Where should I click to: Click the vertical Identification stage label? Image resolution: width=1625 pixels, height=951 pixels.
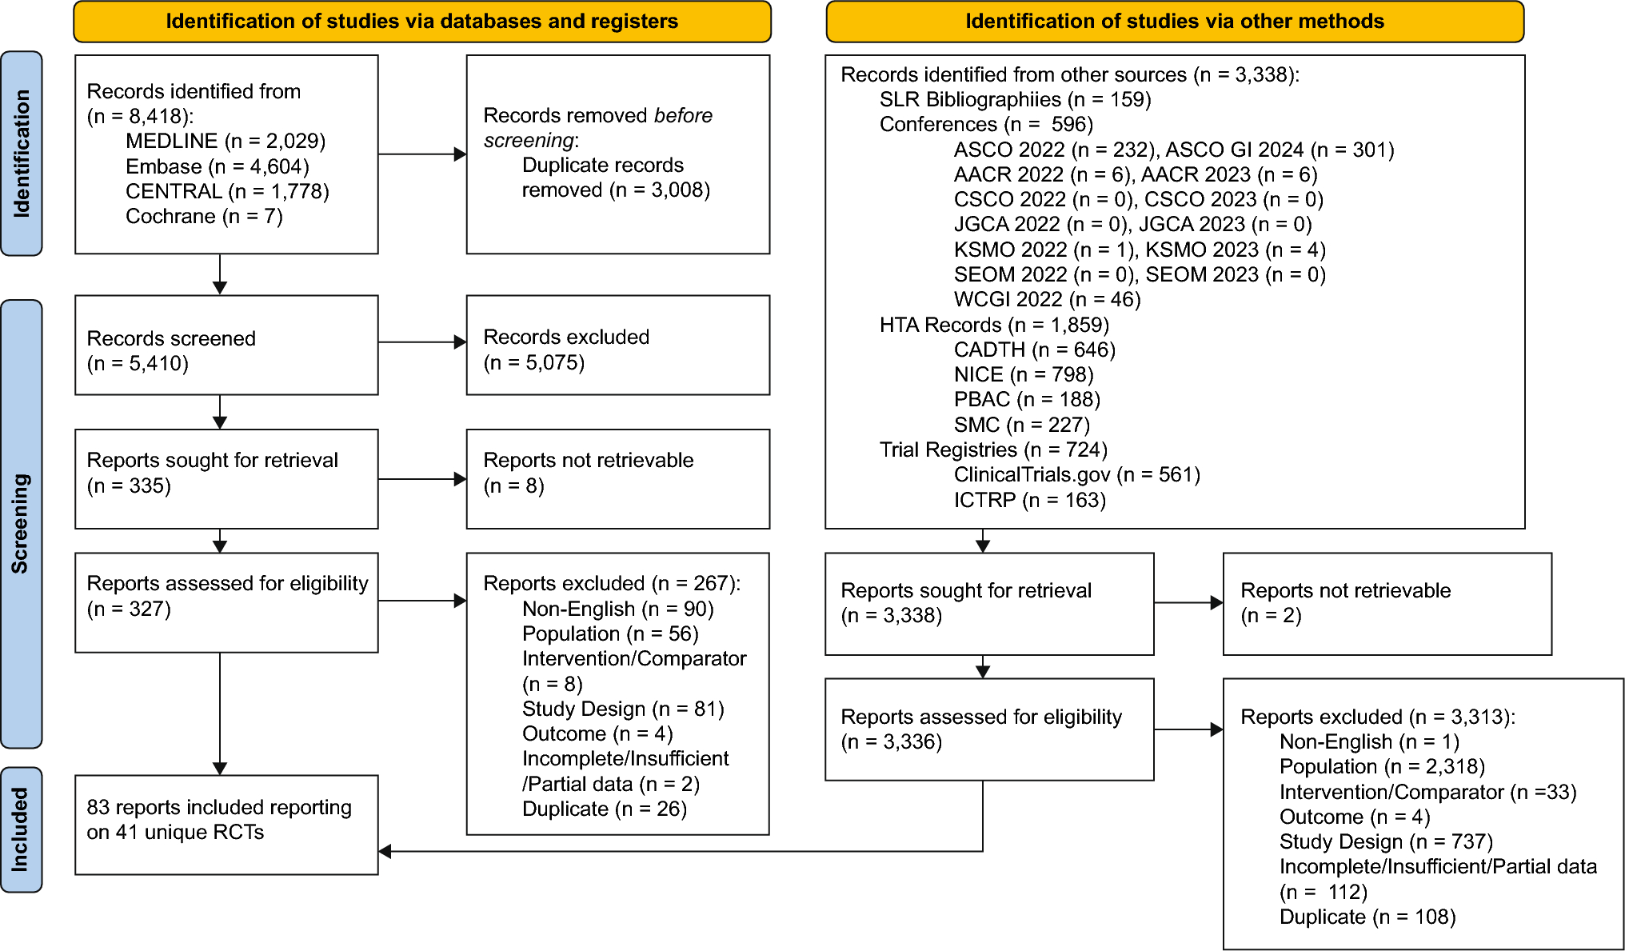22,154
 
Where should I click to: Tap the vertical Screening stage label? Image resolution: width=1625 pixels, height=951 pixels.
22,524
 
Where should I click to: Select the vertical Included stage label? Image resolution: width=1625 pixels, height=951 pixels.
22,829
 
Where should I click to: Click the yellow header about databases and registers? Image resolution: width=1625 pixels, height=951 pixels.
421,22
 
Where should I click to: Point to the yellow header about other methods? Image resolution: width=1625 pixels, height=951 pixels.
1174,22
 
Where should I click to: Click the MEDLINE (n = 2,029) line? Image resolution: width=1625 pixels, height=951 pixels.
225,142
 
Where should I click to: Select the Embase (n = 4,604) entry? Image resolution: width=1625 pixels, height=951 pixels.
217,166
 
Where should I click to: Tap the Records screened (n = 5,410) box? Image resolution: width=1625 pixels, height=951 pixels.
226,346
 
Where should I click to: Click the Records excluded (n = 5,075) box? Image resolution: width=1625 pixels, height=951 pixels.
617,346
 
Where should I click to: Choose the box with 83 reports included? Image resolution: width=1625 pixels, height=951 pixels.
226,825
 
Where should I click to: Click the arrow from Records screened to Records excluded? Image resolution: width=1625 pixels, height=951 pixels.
421,342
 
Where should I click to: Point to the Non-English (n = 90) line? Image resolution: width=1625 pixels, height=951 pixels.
617,609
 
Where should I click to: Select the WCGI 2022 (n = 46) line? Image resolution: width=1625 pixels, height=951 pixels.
1047,299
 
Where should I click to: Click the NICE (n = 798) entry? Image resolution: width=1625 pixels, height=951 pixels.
1023,374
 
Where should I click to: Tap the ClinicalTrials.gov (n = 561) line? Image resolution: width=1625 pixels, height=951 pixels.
1076,474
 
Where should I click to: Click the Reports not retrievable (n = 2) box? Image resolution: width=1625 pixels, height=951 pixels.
1387,604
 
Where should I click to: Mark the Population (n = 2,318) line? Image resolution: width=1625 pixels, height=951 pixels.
1381,766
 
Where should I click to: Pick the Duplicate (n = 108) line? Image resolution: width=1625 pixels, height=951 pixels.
1367,917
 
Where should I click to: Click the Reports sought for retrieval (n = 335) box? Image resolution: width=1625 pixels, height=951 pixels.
226,479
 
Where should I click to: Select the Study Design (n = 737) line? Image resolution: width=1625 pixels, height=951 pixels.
1385,841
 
